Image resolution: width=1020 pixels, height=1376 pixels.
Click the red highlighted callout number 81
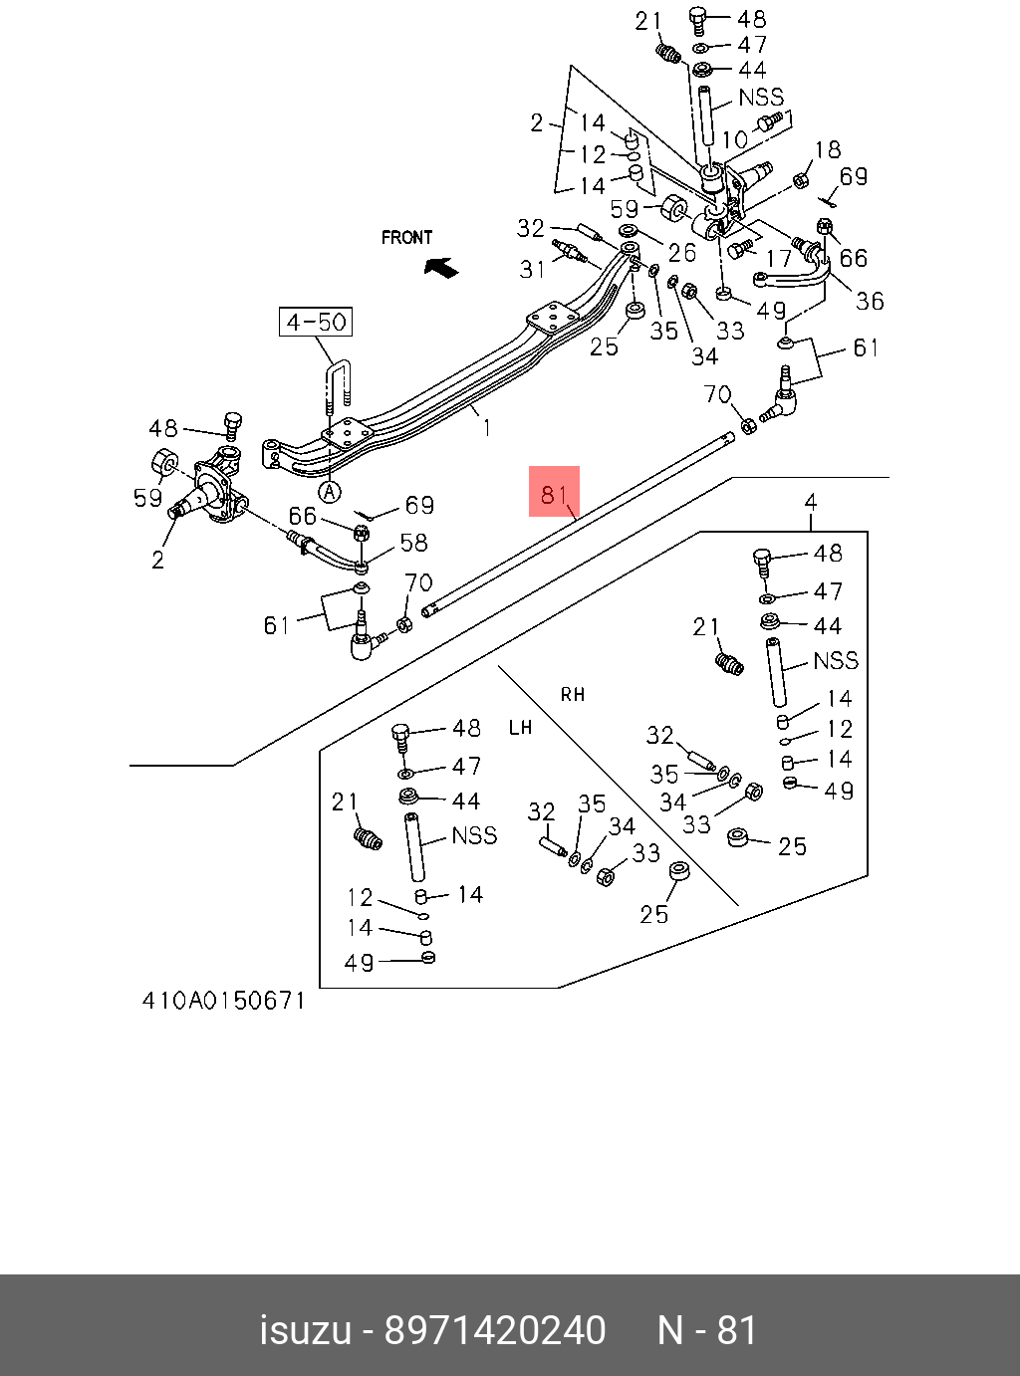554,495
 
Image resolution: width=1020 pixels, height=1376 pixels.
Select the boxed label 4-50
315,322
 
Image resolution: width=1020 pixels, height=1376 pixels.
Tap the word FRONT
406,238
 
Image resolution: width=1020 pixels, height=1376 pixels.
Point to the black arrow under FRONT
439,266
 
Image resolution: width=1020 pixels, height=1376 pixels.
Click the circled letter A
330,491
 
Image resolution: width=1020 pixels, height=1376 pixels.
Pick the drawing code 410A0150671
223,1000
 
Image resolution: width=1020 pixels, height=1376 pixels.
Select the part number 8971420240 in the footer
495,1330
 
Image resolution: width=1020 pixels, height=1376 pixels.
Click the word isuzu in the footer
305,1330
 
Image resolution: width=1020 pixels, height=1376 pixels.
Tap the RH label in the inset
573,695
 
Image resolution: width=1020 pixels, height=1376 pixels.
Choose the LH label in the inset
520,728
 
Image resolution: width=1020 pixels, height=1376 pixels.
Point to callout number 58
413,542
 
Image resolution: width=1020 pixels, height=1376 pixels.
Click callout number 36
870,301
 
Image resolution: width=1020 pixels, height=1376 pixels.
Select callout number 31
533,269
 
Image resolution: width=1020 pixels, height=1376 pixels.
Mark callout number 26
682,252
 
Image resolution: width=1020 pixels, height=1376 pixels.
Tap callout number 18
828,150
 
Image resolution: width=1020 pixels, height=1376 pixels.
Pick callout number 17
778,259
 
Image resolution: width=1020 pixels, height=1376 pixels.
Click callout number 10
734,140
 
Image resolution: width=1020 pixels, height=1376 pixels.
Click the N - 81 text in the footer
707,1330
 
